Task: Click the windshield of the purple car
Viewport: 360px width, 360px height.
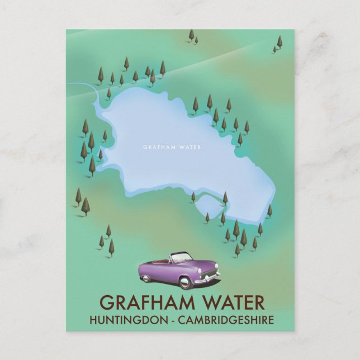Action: tap(181, 258)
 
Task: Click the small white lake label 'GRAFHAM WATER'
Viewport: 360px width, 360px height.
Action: tap(172, 148)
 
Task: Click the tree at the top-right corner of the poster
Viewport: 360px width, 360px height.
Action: tap(279, 42)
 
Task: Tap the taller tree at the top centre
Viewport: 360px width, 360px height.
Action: tap(191, 35)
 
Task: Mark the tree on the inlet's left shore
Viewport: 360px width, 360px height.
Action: tap(193, 197)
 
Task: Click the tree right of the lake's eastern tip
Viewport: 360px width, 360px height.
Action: tap(269, 210)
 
